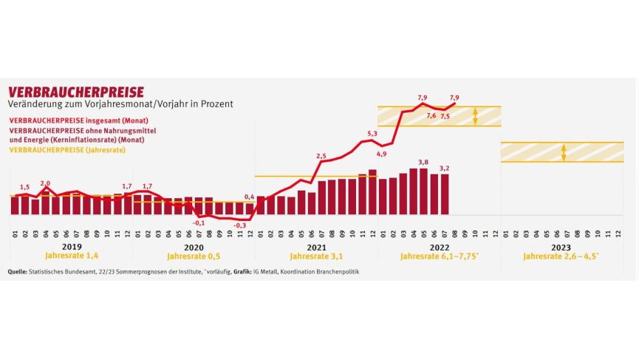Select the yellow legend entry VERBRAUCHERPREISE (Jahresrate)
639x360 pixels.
(66, 150)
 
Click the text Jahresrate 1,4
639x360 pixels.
(72, 257)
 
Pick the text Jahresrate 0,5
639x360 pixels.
(194, 257)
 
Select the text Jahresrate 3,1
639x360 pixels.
(315, 257)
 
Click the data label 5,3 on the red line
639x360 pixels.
(372, 134)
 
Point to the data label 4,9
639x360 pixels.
(381, 154)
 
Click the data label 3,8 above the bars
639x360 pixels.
(423, 162)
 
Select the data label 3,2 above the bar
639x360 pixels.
(445, 168)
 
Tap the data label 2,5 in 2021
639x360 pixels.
(321, 156)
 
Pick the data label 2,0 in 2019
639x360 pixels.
(46, 183)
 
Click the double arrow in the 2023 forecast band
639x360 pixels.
(564, 152)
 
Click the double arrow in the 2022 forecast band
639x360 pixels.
(476, 115)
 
